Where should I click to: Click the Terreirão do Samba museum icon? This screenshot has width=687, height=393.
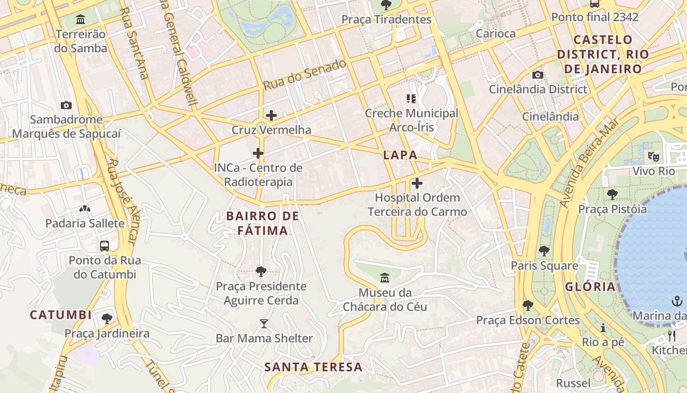pyautogui.click(x=80, y=20)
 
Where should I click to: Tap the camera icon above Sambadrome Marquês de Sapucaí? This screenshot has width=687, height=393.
pyautogui.click(x=66, y=105)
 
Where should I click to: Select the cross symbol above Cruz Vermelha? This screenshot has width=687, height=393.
pyautogui.click(x=271, y=116)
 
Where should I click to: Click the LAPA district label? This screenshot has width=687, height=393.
pyautogui.click(x=400, y=155)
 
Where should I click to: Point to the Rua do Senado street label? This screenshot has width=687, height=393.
pyautogui.click(x=304, y=75)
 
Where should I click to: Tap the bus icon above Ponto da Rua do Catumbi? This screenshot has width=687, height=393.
pyautogui.click(x=104, y=246)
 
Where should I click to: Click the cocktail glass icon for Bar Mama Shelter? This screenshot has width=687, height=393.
pyautogui.click(x=264, y=324)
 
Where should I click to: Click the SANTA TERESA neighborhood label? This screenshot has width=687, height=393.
pyautogui.click(x=313, y=367)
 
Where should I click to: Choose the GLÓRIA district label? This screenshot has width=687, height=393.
pyautogui.click(x=590, y=287)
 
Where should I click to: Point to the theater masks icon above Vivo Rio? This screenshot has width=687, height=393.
pyautogui.click(x=653, y=157)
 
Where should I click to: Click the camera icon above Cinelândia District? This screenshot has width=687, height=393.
pyautogui.click(x=538, y=75)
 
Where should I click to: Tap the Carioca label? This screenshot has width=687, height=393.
pyautogui.click(x=496, y=34)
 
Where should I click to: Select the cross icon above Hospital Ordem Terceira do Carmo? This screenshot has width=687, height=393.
pyautogui.click(x=417, y=184)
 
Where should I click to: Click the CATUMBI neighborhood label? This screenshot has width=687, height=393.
pyautogui.click(x=61, y=315)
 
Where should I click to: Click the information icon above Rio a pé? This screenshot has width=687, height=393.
pyautogui.click(x=603, y=328)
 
